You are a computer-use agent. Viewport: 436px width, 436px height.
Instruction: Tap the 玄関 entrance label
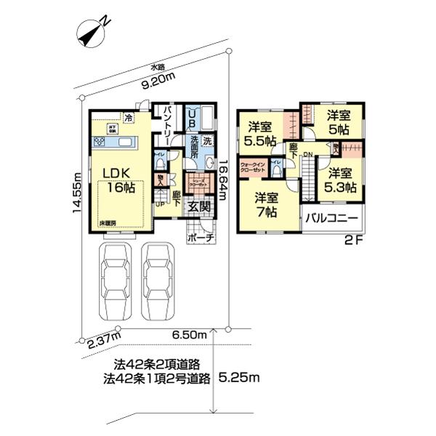(x=200, y=206)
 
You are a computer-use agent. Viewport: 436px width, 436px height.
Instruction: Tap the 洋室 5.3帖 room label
(x=339, y=179)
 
